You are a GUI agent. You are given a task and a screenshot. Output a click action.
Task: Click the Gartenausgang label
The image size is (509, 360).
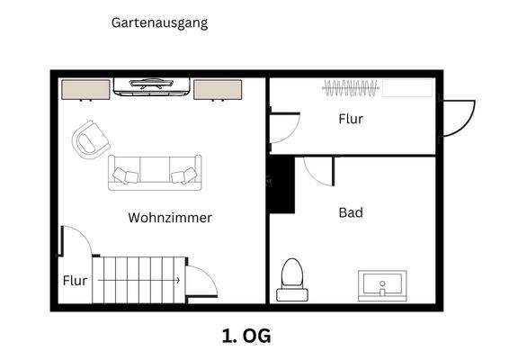pyautogui.click(x=159, y=23)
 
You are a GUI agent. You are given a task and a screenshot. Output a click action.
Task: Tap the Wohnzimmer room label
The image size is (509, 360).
pyautogui.click(x=170, y=218)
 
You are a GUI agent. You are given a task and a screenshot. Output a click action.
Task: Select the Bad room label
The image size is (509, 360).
pyautogui.click(x=351, y=213)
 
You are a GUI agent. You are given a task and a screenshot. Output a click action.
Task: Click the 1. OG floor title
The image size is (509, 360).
pyautogui.click(x=246, y=336)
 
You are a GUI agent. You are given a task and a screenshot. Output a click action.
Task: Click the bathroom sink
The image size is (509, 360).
pyautogui.click(x=383, y=285)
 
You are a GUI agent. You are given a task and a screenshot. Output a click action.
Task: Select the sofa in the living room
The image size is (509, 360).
pyautogui.click(x=155, y=172)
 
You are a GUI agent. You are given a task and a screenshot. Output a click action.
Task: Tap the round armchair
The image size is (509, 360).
pyautogui.click(x=89, y=139)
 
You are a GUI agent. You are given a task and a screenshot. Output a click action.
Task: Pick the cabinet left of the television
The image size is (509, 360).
pyautogui.click(x=85, y=90)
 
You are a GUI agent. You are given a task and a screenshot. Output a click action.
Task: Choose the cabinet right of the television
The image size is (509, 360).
pyautogui.click(x=218, y=90)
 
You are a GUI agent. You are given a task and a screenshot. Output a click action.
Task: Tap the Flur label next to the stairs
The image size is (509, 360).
pyautogui.click(x=76, y=281)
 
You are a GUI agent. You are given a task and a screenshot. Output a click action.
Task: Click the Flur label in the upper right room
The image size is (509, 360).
pyautogui.click(x=351, y=119)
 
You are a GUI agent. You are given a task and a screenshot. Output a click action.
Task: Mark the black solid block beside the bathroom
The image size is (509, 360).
pyautogui.click(x=282, y=184)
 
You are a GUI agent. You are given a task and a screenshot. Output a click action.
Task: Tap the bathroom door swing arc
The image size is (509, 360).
pyautogui.click(x=317, y=169)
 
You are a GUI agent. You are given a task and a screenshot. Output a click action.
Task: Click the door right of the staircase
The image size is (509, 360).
pyautogui.click(x=201, y=280)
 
